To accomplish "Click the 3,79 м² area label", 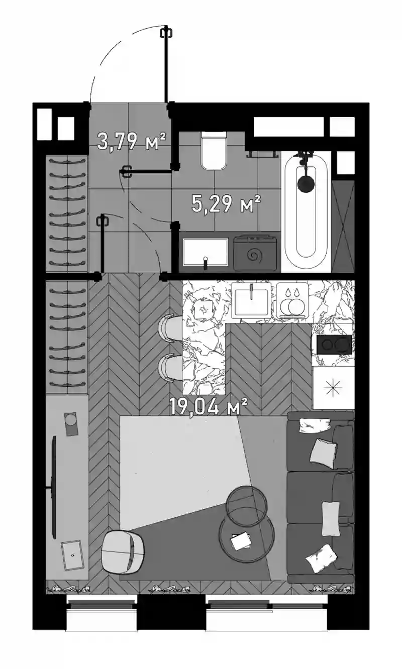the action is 132,141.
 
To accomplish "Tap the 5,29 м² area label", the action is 226,204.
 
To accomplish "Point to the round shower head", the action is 306,184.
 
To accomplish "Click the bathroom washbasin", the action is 206,252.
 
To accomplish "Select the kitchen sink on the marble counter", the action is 251,299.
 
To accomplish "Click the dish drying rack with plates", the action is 292,301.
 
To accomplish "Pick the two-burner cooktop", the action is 334,345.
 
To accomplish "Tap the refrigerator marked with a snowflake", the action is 333,388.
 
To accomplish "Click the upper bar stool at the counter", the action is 170,328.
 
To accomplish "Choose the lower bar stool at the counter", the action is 170,368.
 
